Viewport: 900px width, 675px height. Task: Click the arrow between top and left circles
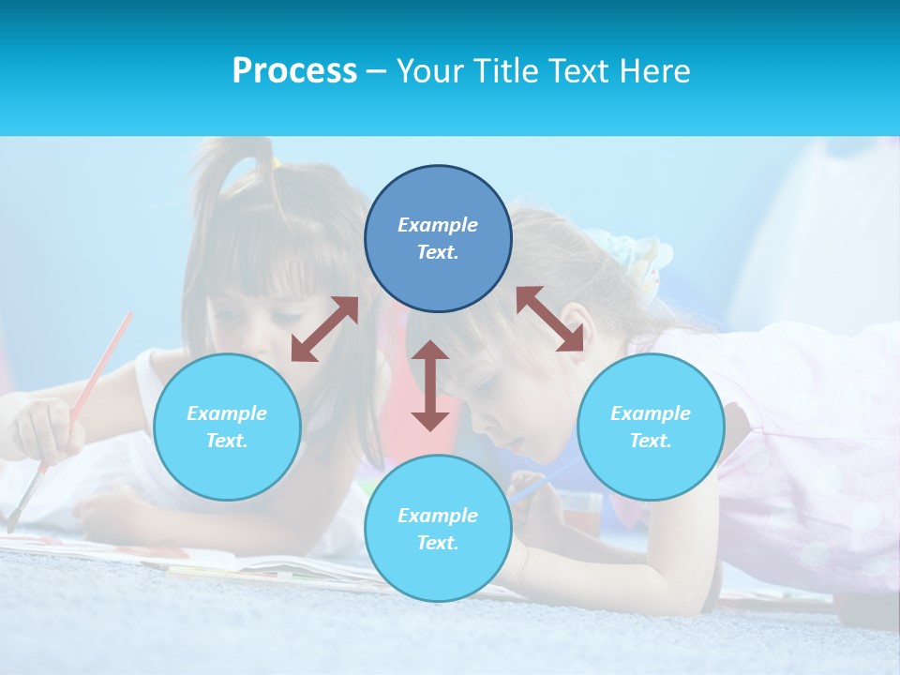[324, 329]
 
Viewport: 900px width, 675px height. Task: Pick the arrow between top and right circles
[549, 319]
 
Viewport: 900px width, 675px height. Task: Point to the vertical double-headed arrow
[430, 385]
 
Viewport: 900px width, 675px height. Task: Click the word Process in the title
[294, 70]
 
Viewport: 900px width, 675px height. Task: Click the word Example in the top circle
[438, 225]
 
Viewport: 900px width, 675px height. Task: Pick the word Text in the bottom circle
[438, 543]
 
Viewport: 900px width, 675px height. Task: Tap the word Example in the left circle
[227, 413]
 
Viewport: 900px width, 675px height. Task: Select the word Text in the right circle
[651, 441]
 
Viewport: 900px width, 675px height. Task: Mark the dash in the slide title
[376, 71]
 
